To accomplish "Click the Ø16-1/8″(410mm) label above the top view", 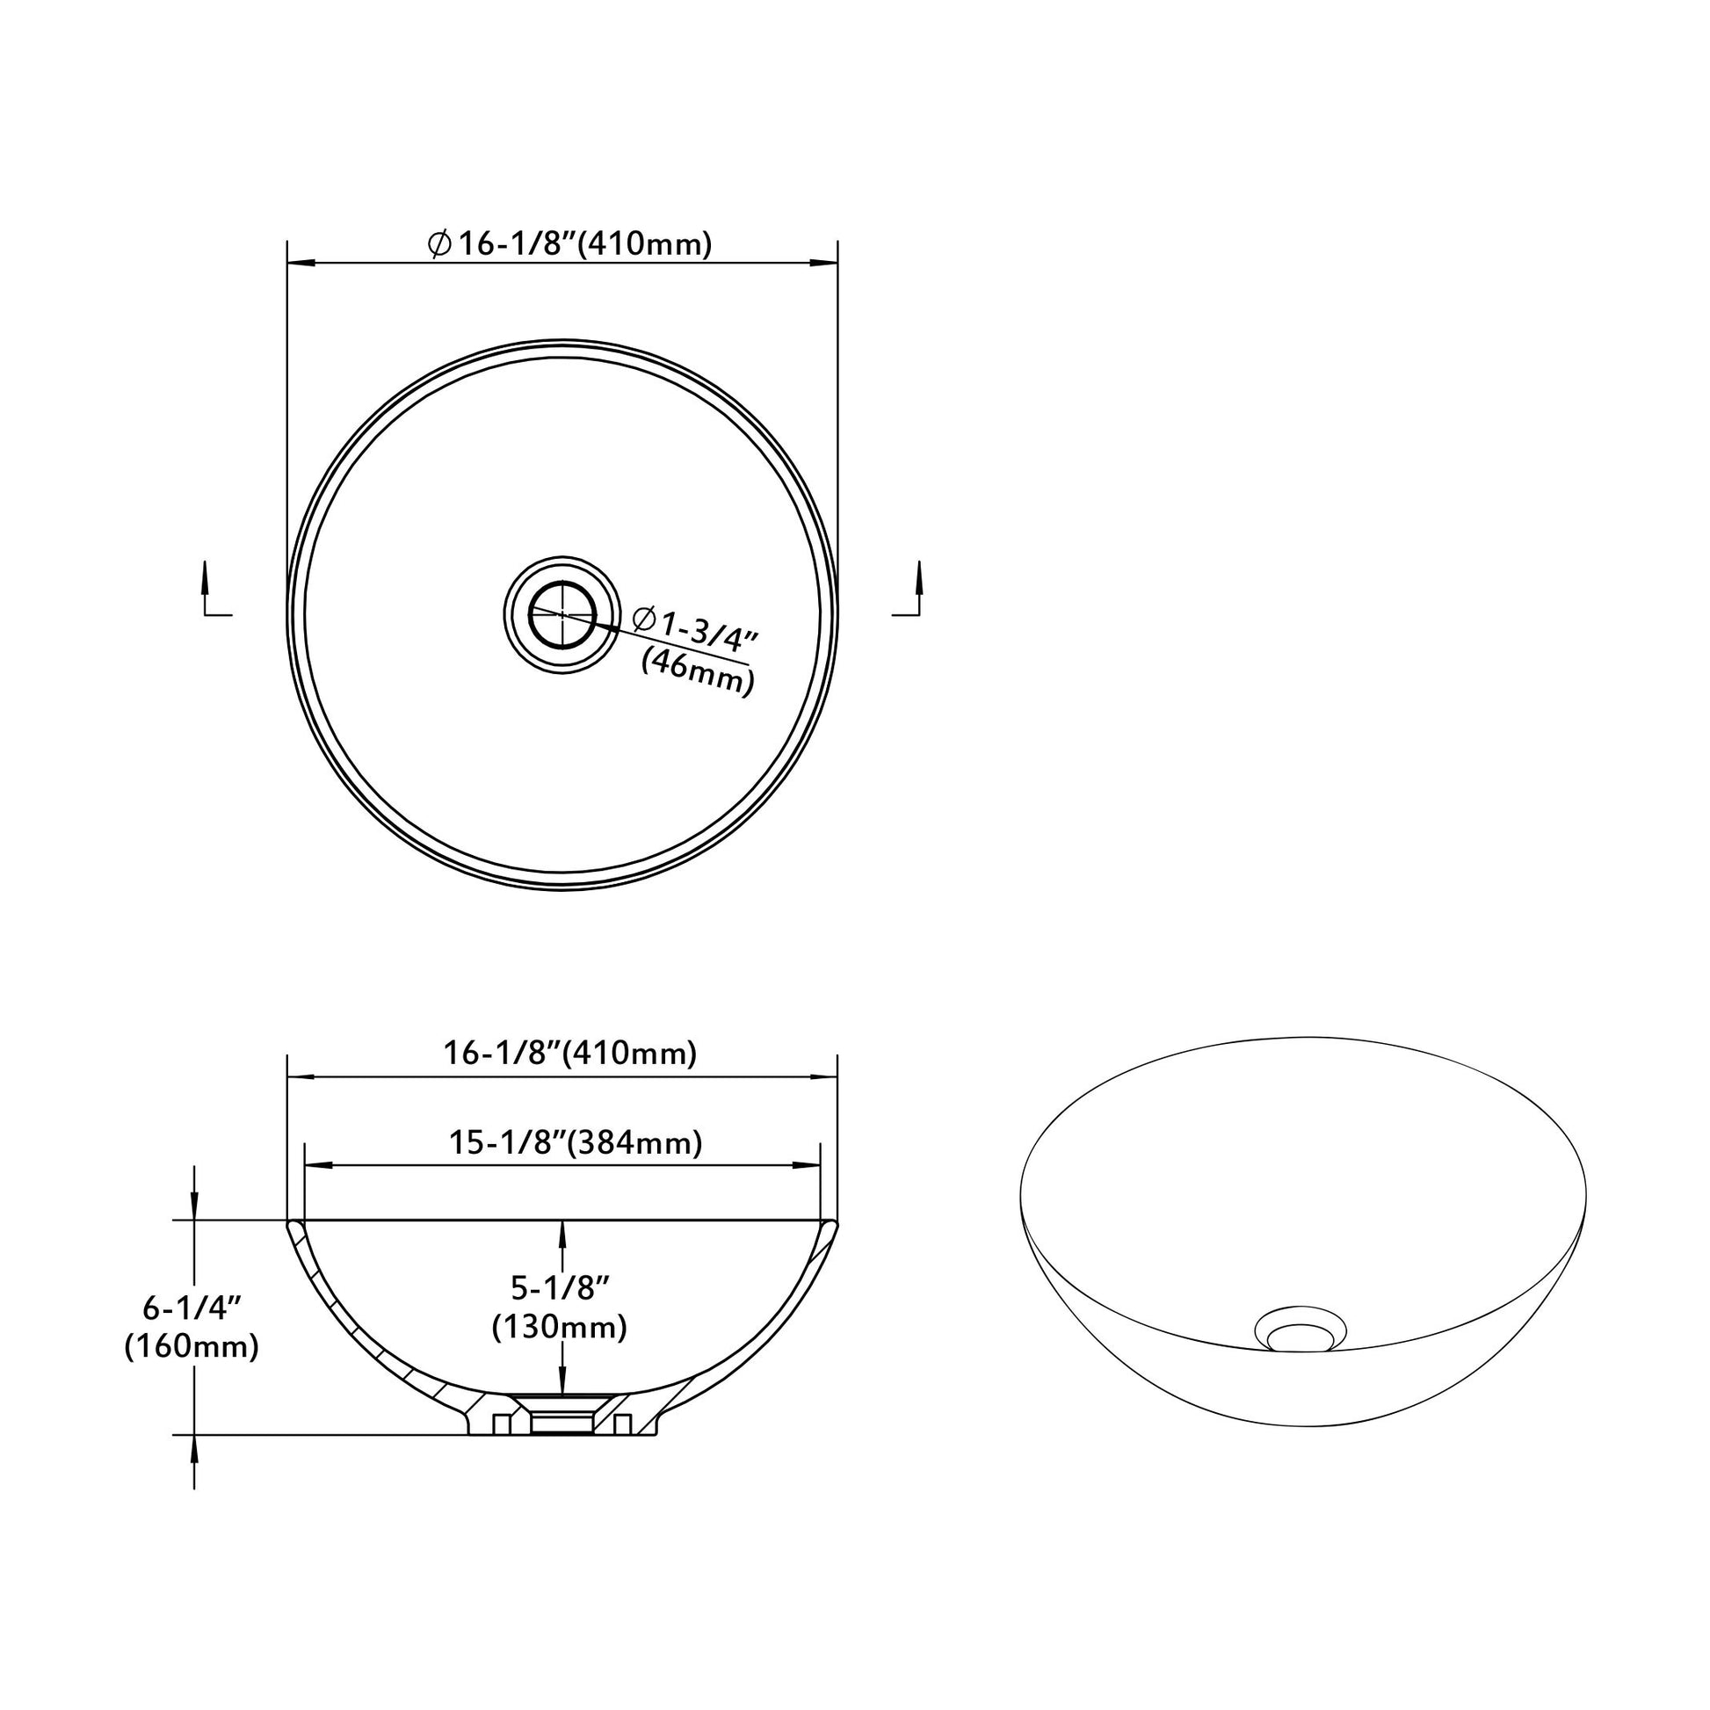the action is pos(569,243).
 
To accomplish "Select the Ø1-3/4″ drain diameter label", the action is pos(697,627).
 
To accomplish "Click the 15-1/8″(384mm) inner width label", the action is pos(576,1142).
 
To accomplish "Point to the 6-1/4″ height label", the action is pos(193,1307).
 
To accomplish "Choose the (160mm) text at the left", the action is pos(192,1347).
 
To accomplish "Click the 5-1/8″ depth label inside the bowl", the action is pos(562,1287).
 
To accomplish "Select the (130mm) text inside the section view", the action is pos(561,1327).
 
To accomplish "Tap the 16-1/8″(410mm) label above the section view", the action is pos(570,1053).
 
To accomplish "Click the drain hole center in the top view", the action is pos(562,613).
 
